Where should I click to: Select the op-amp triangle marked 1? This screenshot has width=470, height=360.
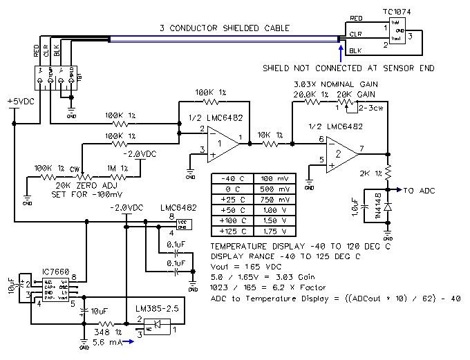[219, 142]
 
